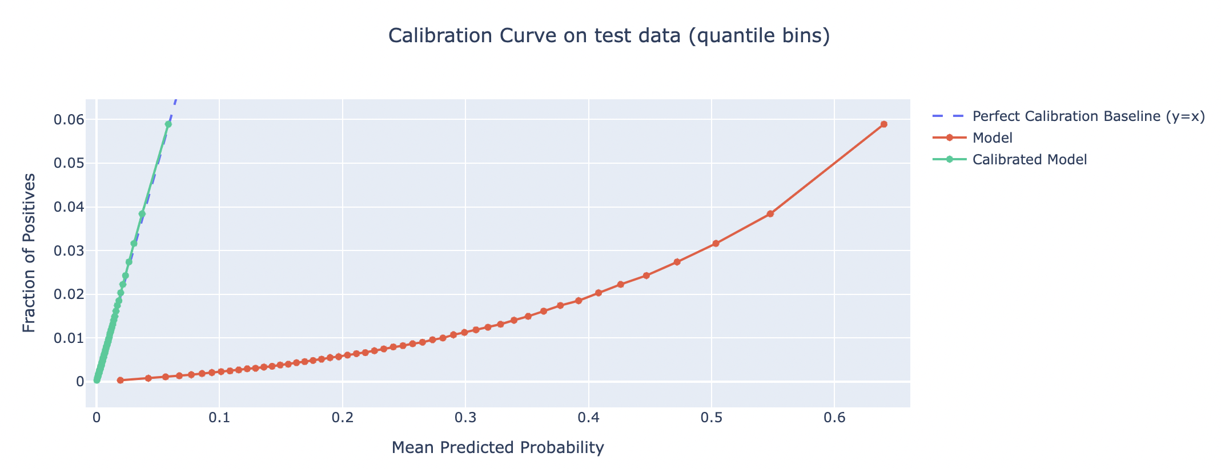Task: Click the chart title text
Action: pyautogui.click(x=609, y=36)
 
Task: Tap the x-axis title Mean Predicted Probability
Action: pyautogui.click(x=497, y=448)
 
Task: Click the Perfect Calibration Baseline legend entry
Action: pyautogui.click(x=1088, y=116)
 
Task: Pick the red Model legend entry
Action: pyautogui.click(x=992, y=138)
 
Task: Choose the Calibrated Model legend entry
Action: pyautogui.click(x=1029, y=159)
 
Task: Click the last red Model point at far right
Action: pyautogui.click(x=883, y=124)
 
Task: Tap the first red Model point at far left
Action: pyautogui.click(x=120, y=380)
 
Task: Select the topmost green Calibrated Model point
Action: pyautogui.click(x=168, y=124)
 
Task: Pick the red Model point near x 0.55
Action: pyautogui.click(x=770, y=213)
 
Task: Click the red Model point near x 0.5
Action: pyautogui.click(x=716, y=243)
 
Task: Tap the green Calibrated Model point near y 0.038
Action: pyautogui.click(x=142, y=214)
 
